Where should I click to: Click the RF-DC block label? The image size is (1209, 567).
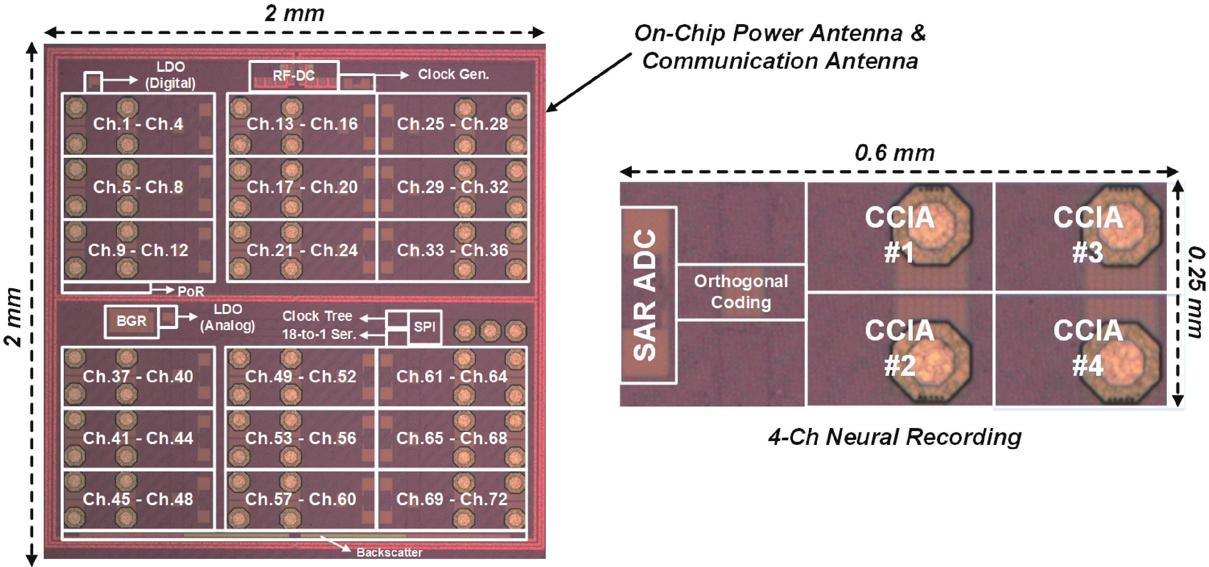click(294, 76)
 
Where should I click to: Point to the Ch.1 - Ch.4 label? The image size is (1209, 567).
click(138, 124)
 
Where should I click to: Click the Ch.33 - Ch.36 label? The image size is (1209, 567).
click(453, 250)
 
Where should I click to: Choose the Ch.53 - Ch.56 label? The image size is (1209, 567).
click(301, 438)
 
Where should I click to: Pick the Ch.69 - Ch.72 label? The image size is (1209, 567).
click(451, 499)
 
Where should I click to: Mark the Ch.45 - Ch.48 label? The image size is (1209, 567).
click(138, 499)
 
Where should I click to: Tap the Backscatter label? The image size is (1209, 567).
click(390, 552)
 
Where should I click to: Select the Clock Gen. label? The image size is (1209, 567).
click(453, 74)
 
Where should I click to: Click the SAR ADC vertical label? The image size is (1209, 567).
click(645, 295)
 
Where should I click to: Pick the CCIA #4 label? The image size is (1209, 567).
click(1088, 348)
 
